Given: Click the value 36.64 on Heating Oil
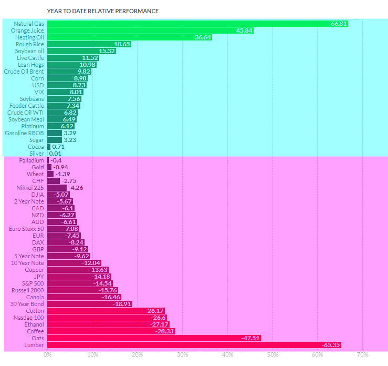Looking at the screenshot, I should click(x=202, y=37).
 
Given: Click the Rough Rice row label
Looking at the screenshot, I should click(x=30, y=44).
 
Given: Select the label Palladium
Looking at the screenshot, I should click(x=32, y=160).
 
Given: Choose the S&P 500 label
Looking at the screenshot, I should click(x=33, y=283).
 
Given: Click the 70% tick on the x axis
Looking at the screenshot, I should click(x=362, y=355).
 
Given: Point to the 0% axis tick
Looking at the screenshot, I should click(x=47, y=355).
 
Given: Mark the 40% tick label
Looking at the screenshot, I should click(x=227, y=355).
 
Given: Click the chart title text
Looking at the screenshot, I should click(x=102, y=11).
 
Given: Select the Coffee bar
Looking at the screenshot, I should click(x=111, y=331).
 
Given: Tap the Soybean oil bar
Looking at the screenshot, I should click(x=81, y=51).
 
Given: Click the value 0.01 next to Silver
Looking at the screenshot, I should click(x=55, y=154).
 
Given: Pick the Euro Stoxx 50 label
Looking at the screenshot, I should click(x=27, y=229).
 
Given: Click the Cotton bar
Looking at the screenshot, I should click(x=99, y=311).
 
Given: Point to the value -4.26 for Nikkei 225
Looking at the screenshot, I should click(x=76, y=188).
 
